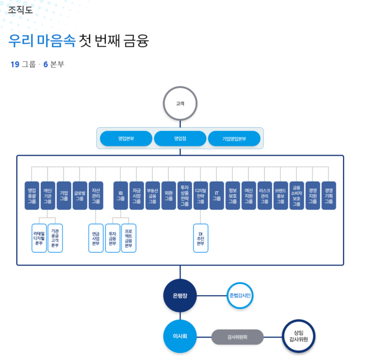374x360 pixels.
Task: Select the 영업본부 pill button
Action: click(x=126, y=138)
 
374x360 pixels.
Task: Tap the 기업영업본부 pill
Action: click(x=234, y=138)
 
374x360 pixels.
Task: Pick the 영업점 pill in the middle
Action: click(x=180, y=138)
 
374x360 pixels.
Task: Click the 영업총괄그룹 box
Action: click(x=32, y=195)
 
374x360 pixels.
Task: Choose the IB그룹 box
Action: click(x=121, y=195)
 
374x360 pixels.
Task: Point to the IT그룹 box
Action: click(x=216, y=195)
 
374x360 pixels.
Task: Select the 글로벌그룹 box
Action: click(x=79, y=195)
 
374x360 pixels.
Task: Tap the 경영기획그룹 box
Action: click(x=329, y=195)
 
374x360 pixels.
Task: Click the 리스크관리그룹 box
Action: click(x=265, y=195)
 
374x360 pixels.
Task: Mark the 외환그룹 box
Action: click(x=169, y=195)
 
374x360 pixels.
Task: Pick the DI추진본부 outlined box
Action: click(x=201, y=238)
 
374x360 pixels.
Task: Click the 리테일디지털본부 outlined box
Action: click(x=39, y=238)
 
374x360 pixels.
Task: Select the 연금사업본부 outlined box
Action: click(x=96, y=238)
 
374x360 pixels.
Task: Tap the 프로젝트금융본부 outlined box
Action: click(x=129, y=238)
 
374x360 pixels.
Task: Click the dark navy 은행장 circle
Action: click(x=180, y=295)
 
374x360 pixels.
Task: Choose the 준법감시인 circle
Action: click(x=240, y=295)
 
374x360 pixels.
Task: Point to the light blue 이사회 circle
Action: click(x=180, y=336)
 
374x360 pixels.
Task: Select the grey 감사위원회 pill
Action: click(x=237, y=337)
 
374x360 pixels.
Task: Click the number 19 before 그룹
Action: click(x=15, y=65)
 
